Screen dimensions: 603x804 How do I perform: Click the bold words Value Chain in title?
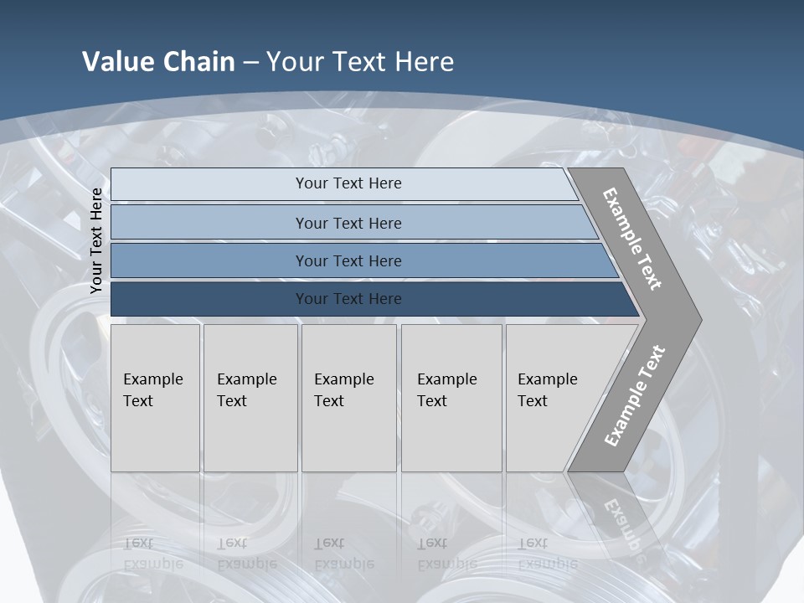(158, 62)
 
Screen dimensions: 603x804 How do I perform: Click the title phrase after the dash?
(360, 62)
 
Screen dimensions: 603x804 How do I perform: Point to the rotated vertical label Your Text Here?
(96, 240)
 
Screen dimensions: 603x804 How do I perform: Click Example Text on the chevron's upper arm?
(632, 239)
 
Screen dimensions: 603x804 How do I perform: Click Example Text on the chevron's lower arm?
(634, 395)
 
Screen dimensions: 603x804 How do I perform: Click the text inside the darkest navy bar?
(348, 299)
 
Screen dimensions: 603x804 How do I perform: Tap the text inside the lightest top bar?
(348, 183)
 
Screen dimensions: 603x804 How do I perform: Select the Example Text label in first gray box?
(152, 390)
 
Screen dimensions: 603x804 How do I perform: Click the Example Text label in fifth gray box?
(547, 390)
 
